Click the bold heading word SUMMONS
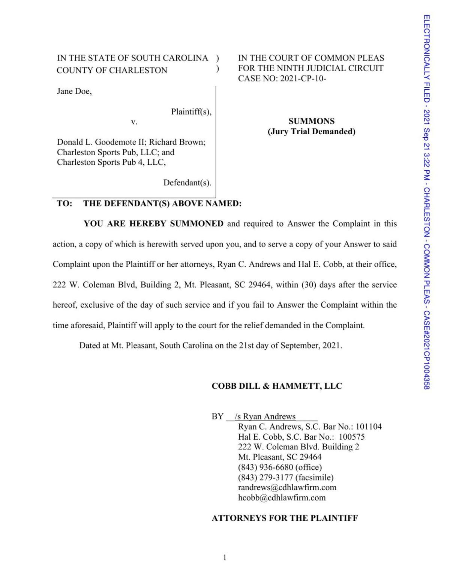[x=311, y=121]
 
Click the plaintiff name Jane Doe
[x=74, y=91]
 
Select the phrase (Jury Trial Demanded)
[x=311, y=131]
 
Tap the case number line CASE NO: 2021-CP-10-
[x=282, y=78]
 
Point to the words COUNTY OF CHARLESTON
[x=112, y=70]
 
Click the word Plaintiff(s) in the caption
[x=191, y=111]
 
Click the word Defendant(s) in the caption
[x=187, y=183]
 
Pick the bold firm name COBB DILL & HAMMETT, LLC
[x=277, y=386]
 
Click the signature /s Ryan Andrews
[x=265, y=416]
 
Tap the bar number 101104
[x=369, y=427]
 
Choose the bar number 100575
[x=351, y=437]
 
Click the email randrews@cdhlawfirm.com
[x=287, y=488]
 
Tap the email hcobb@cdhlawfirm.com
[x=282, y=498]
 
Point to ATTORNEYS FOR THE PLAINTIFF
[x=285, y=518]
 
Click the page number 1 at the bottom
[x=225, y=557]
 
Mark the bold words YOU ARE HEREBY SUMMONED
[x=153, y=224]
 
